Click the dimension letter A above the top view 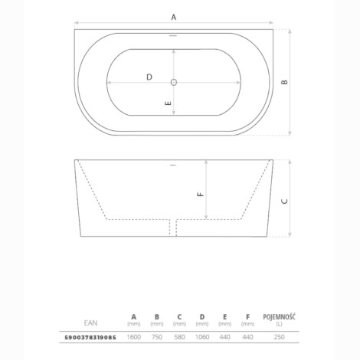pos(174,17)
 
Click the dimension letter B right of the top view pos(284,82)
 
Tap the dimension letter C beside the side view pos(284,201)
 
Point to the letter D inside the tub pos(149,77)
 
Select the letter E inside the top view pos(168,103)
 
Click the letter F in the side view pos(201,195)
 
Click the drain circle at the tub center pos(174,82)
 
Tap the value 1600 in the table pos(134,337)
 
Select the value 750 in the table pos(157,337)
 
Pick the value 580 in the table pos(179,337)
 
